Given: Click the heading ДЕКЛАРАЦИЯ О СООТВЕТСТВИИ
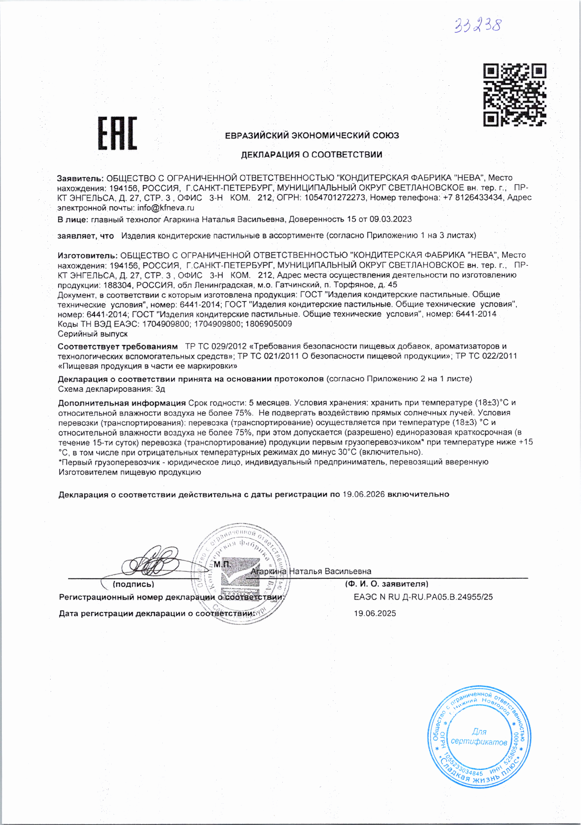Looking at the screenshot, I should (311, 154).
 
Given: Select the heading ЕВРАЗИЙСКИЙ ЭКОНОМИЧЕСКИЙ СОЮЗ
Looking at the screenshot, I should (312, 135).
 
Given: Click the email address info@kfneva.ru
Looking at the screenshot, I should (166, 208).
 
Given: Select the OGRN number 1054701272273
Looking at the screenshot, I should (334, 198).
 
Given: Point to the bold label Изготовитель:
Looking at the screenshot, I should (87, 255).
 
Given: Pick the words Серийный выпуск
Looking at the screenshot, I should (93, 334).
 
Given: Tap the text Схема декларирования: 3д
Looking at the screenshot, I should (112, 389).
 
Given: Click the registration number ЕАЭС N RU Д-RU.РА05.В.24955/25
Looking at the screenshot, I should (423, 597).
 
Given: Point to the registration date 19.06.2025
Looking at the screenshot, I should (375, 613).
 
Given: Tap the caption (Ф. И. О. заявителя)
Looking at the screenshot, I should (386, 584).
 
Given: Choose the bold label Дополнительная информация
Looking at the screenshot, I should (122, 403).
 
